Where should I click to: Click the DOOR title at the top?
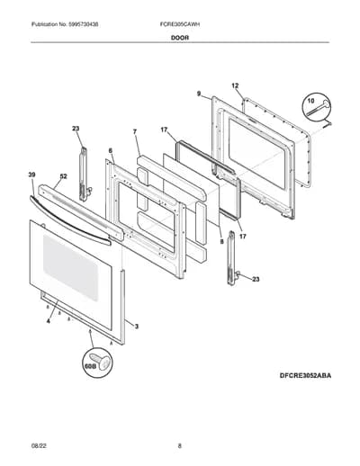pos(180,38)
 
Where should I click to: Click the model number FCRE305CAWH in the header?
pos(180,24)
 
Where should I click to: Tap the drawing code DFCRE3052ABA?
pos(305,375)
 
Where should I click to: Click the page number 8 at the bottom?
pos(180,445)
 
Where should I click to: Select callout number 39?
pos(32,175)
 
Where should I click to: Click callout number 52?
pos(64,176)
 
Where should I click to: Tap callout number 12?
pos(235,85)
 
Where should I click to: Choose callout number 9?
pos(199,94)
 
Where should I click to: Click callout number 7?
pos(135,131)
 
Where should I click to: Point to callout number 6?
pos(111,150)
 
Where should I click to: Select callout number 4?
pos(49,321)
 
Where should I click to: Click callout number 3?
pos(137,327)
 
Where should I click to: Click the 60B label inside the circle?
pos(88,366)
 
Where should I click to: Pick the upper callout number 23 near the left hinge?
pos(76,129)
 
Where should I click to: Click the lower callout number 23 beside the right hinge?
pos(256,279)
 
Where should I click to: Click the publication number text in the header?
pos(65,24)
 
